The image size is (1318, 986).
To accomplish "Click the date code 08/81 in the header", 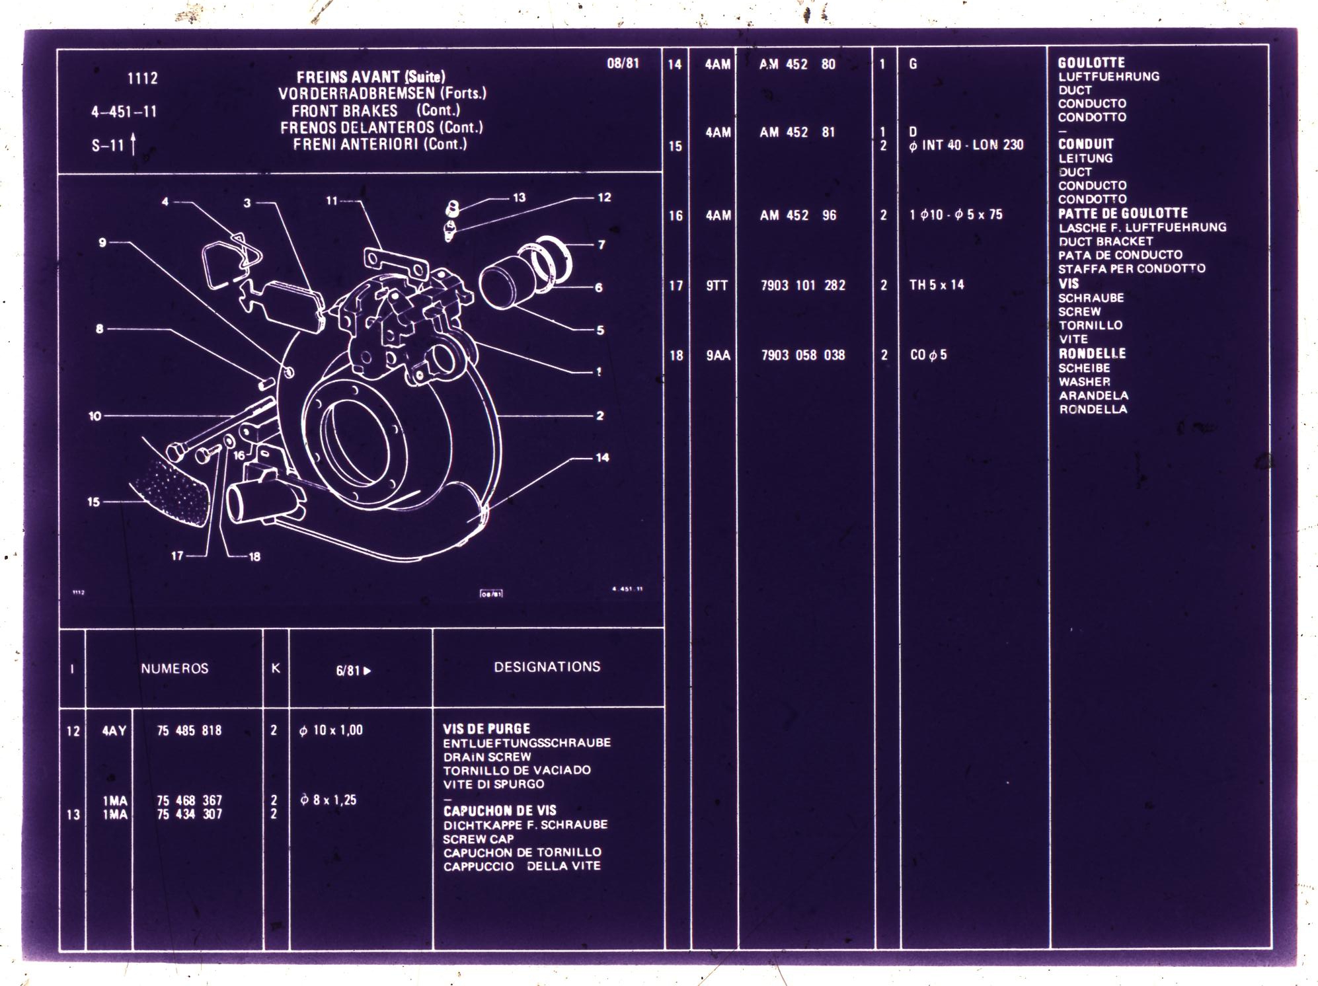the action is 623,63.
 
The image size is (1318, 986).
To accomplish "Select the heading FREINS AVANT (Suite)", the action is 371,77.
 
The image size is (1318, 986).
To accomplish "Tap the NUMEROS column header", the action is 174,668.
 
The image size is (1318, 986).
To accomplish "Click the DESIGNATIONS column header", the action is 547,667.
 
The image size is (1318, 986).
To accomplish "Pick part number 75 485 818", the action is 189,730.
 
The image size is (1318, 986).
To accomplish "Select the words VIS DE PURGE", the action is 486,728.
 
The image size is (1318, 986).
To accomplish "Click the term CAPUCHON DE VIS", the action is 500,810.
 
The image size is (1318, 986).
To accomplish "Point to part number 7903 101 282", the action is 803,285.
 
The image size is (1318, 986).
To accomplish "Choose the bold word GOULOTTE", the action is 1091,63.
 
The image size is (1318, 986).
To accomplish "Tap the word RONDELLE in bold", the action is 1092,354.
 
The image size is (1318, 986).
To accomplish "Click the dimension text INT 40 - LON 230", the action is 972,145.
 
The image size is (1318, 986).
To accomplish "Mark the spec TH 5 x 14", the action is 937,285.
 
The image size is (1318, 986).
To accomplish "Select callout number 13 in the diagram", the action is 519,198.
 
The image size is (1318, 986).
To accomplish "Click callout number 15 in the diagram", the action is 94,502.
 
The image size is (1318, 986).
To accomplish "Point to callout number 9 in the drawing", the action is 102,243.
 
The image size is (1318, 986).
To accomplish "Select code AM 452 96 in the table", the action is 798,215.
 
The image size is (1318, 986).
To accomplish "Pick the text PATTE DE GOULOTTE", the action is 1123,213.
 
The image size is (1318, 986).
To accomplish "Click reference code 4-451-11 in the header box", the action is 124,112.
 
